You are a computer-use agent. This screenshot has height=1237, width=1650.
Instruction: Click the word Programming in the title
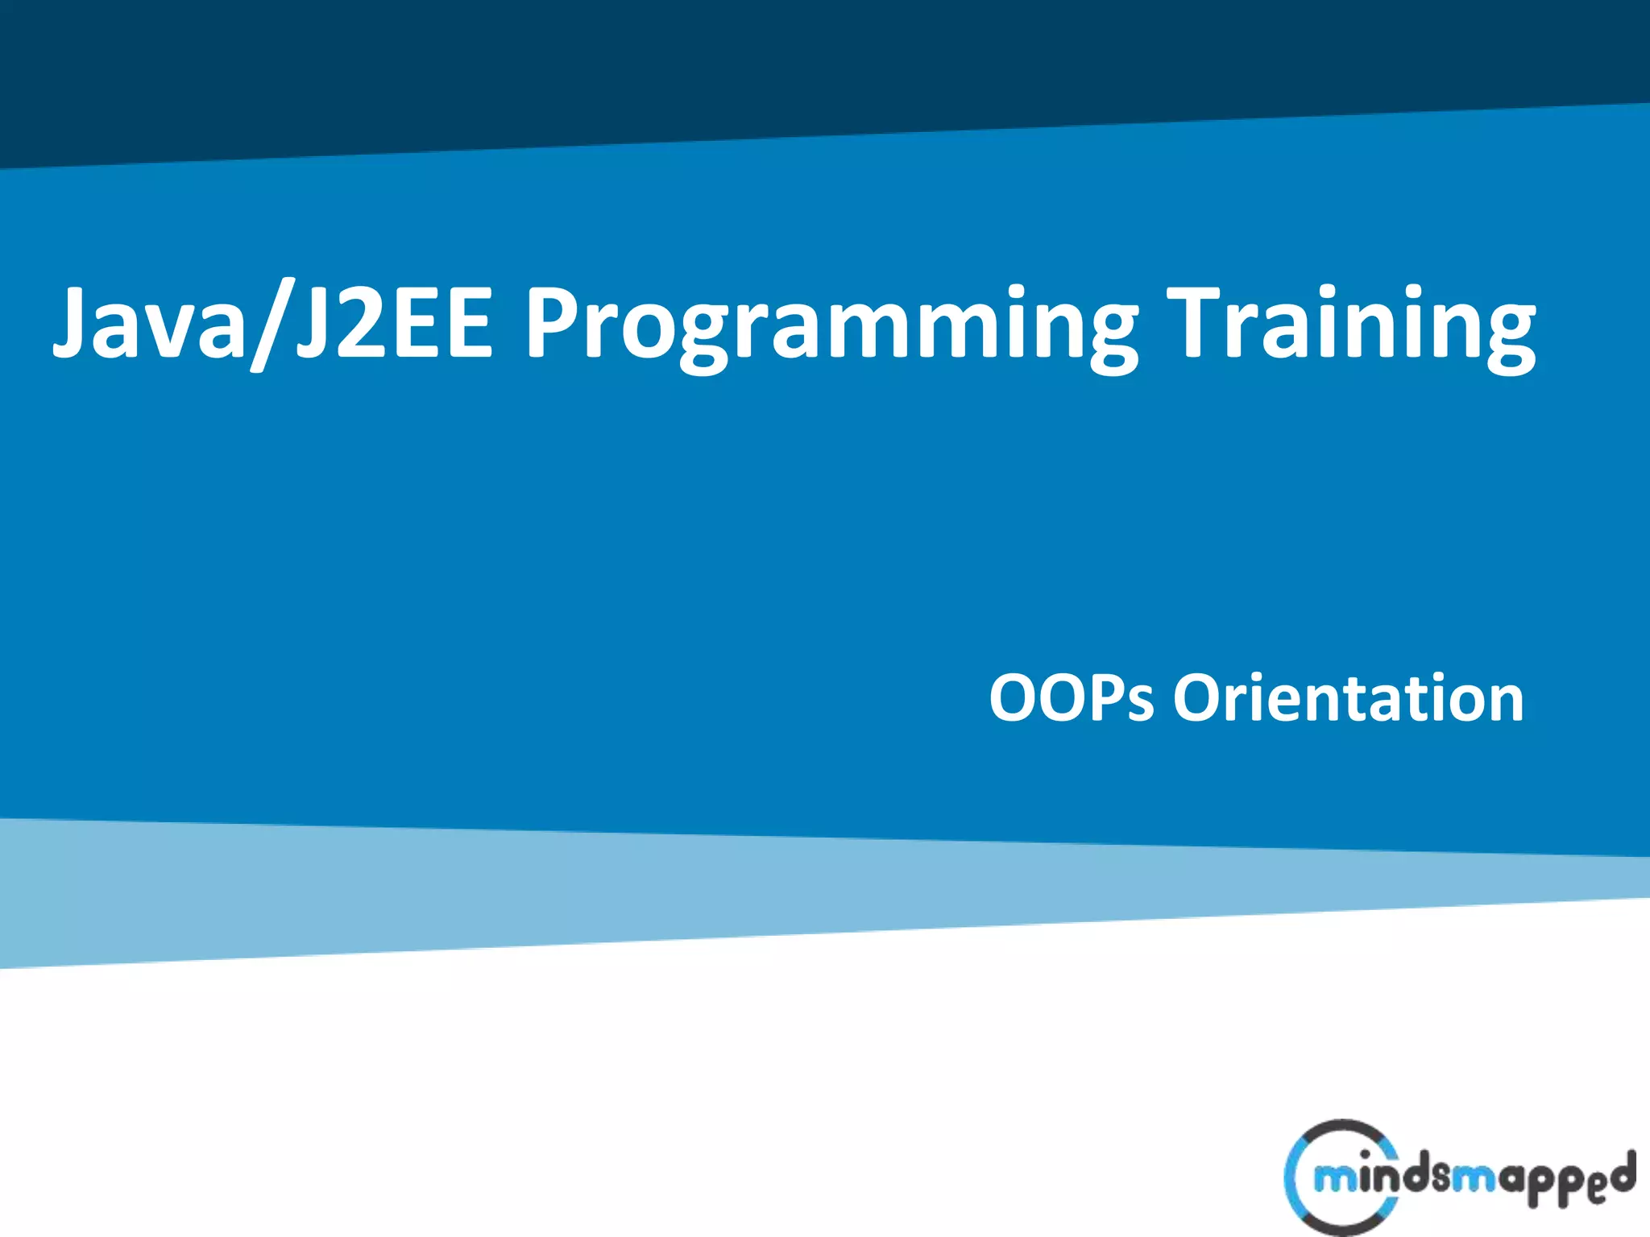[830, 326]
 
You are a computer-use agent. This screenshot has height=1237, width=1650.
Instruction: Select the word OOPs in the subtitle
[1072, 698]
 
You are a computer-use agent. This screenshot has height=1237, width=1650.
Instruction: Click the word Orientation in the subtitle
[1348, 698]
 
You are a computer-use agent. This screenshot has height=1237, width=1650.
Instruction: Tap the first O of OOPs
[1014, 698]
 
